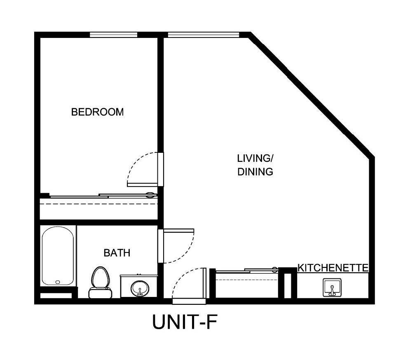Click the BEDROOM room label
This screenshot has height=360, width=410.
pos(97,112)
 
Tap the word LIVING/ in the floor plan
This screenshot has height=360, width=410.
pos(255,158)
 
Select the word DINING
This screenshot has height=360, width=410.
pos(255,172)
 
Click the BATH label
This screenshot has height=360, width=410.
pos(117,253)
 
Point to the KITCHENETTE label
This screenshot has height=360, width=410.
pos(333,268)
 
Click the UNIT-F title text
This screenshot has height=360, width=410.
pos(184,322)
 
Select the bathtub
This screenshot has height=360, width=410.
pos(58,255)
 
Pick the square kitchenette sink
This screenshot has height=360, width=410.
pos(331,288)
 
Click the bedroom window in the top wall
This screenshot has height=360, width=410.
pos(114,35)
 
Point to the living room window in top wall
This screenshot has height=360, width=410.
pos(204,35)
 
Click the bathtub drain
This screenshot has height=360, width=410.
pos(57,282)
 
